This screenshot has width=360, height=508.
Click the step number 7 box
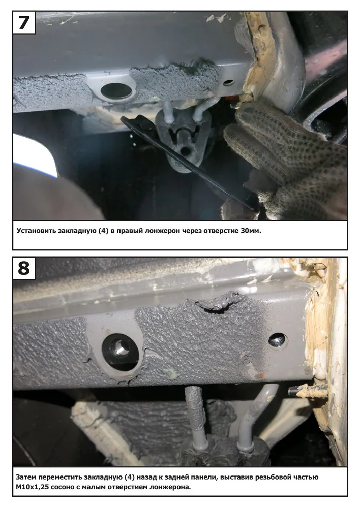click(24, 22)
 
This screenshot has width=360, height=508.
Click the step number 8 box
click(24, 268)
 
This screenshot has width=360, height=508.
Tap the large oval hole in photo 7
click(116, 91)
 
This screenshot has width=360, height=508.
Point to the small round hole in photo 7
click(229, 82)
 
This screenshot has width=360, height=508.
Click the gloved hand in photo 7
click(285, 158)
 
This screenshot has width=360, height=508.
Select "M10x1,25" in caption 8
click(32, 487)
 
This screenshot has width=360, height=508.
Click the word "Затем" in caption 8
click(25, 477)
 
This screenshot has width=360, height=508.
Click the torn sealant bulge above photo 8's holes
click(217, 301)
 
